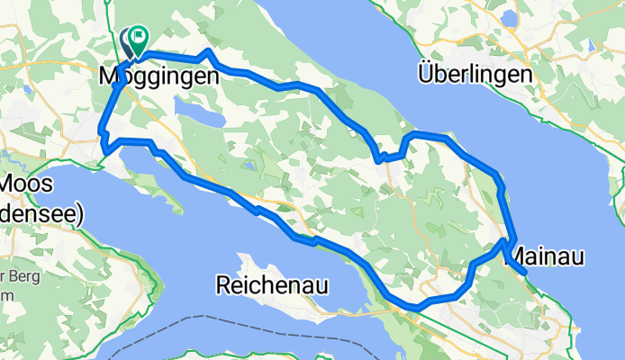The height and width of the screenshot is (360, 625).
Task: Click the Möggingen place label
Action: click(x=158, y=77)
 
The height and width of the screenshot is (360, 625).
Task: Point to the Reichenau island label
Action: click(x=271, y=286)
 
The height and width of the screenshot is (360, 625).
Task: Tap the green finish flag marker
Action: click(x=139, y=38)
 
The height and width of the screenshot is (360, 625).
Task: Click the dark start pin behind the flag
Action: click(x=126, y=40)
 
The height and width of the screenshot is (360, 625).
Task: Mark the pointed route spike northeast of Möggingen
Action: click(x=208, y=51)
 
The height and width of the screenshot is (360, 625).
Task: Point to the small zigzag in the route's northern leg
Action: click(x=382, y=158)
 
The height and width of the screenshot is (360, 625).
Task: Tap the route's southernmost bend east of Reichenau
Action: click(x=415, y=308)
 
